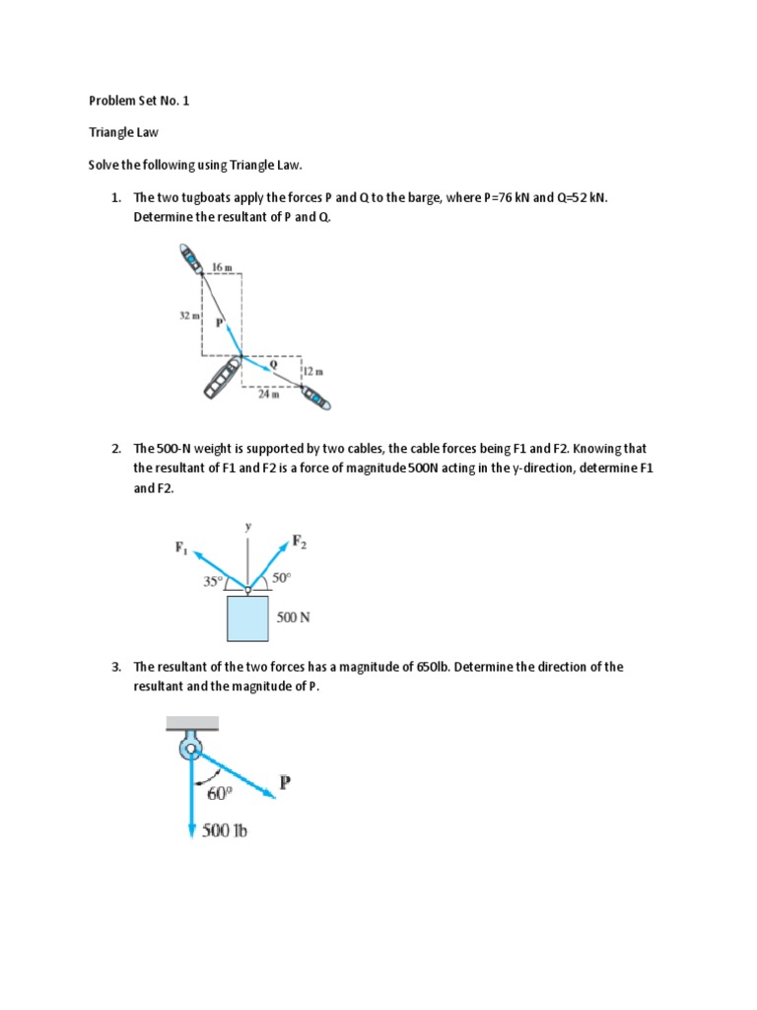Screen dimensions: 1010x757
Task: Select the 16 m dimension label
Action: tap(222, 266)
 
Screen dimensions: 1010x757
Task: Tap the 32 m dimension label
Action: tap(189, 316)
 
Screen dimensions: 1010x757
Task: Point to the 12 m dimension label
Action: tap(312, 371)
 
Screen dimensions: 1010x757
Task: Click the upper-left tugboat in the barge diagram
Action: tap(190, 258)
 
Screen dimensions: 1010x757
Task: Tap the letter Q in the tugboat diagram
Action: tap(273, 363)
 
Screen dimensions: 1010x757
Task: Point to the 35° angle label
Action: tap(212, 581)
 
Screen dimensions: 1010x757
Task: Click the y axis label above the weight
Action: tap(247, 526)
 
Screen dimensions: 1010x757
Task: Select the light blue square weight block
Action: tap(247, 617)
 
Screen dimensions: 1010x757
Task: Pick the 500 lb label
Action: tap(225, 830)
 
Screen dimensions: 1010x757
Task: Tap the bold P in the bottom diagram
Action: tap(285, 783)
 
